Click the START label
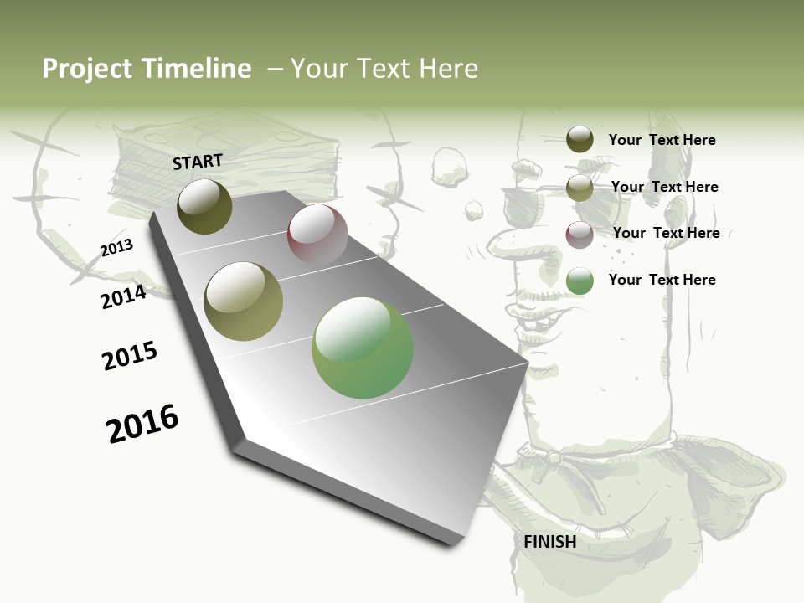click(198, 162)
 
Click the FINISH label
click(550, 542)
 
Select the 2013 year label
click(116, 248)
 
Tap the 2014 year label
click(124, 296)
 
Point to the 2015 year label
click(130, 356)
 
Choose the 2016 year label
click(142, 423)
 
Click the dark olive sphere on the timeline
click(204, 206)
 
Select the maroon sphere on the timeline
click(317, 234)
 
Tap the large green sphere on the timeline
click(363, 348)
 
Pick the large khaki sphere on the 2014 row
click(243, 301)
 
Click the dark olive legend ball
click(580, 139)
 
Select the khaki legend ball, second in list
click(580, 188)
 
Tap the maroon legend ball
click(580, 234)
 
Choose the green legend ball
click(580, 281)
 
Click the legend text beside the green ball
click(662, 280)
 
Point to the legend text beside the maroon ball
click(666, 233)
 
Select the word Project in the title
click(88, 69)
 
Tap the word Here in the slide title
click(448, 69)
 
